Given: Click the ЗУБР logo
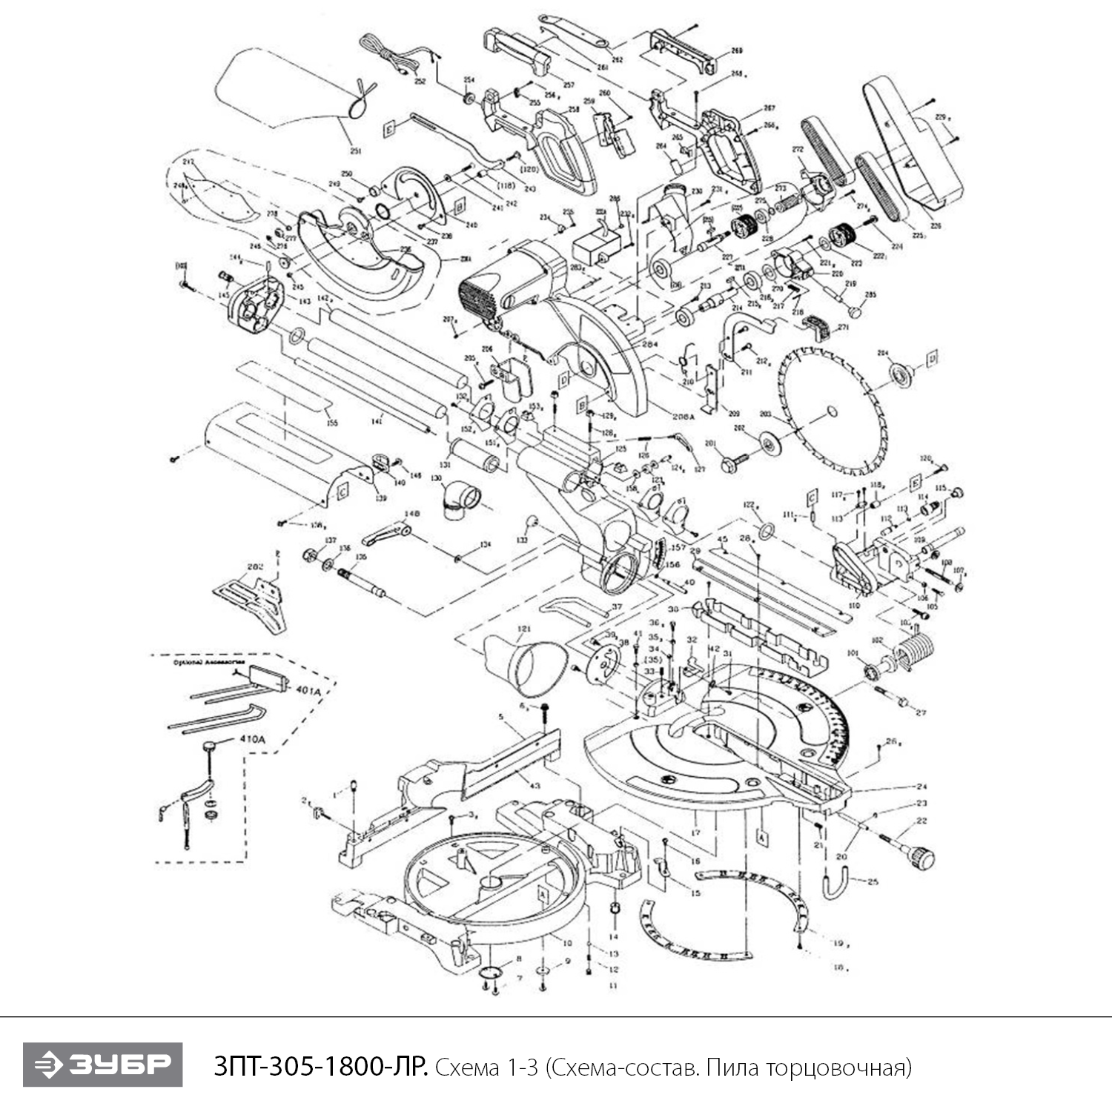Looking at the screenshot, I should point(102,1065).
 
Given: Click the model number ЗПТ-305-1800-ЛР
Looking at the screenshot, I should point(320,1067).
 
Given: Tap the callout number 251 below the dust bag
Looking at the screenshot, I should point(356,151).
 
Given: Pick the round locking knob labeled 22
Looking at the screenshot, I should point(922,858).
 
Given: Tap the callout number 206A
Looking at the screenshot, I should point(684,417).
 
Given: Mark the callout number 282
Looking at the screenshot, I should point(255,566).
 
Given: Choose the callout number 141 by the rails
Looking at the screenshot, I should point(377,420).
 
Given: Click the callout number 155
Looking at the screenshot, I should point(333,423).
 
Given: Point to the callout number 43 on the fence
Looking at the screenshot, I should point(535,784).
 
